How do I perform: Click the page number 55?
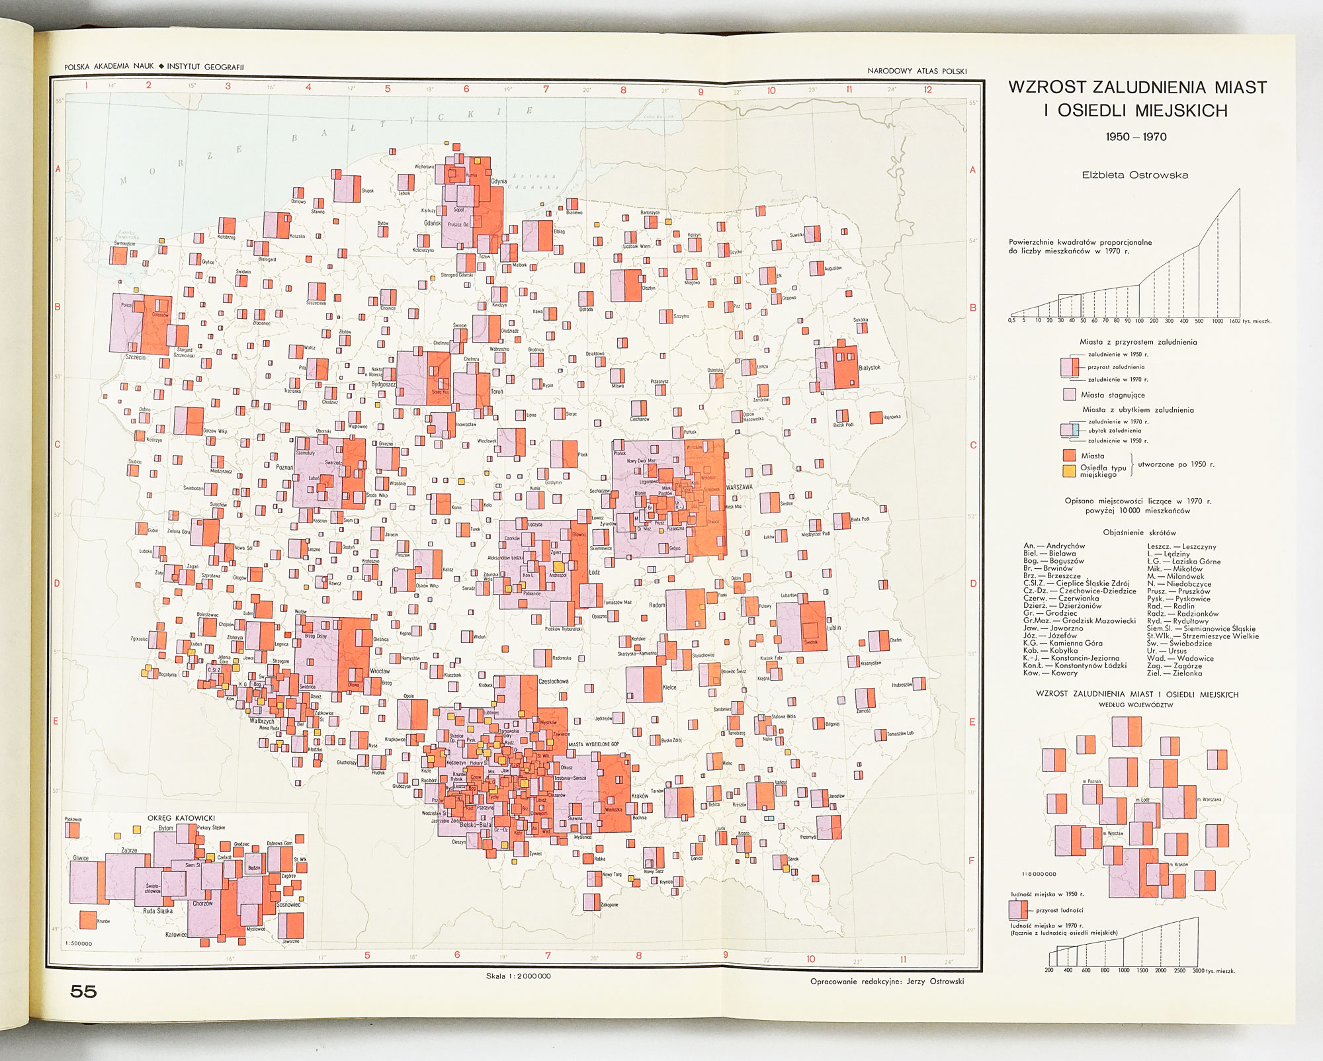(x=83, y=991)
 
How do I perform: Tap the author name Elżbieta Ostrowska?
(x=1134, y=175)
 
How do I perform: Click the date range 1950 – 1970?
(x=1136, y=137)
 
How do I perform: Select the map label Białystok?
(x=869, y=368)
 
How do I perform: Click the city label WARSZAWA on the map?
(x=740, y=486)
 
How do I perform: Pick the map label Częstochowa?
(x=554, y=681)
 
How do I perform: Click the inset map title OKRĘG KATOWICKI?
(x=181, y=818)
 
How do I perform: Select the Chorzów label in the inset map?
(x=203, y=904)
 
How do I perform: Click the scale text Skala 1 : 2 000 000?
(x=518, y=976)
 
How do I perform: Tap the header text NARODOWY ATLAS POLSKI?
(x=917, y=71)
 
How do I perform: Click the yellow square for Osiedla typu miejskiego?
(x=1068, y=471)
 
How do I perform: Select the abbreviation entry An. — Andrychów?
(x=1054, y=546)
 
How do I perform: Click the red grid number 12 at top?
(x=928, y=89)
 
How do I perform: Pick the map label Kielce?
(x=669, y=688)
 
